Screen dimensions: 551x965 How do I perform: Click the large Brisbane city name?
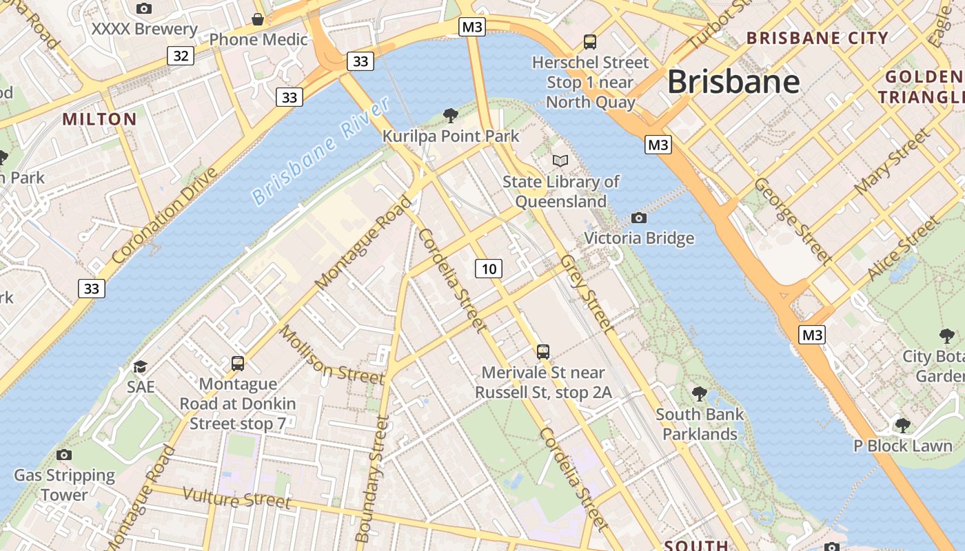pyautogui.click(x=733, y=82)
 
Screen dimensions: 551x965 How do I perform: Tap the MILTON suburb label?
pyautogui.click(x=100, y=119)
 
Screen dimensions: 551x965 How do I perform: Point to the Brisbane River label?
pyautogui.click(x=321, y=152)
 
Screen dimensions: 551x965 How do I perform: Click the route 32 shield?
pyautogui.click(x=181, y=56)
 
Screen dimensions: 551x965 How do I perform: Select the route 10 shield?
pyautogui.click(x=489, y=268)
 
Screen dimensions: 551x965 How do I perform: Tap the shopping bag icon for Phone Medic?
pyautogui.click(x=258, y=19)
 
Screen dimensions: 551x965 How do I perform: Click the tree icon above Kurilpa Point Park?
pyautogui.click(x=451, y=115)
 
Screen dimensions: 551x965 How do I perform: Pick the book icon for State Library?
pyautogui.click(x=560, y=161)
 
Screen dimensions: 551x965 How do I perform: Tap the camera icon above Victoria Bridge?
pyautogui.click(x=639, y=218)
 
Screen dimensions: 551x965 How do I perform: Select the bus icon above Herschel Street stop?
pyautogui.click(x=590, y=41)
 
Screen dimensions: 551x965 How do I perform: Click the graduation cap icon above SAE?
pyautogui.click(x=141, y=366)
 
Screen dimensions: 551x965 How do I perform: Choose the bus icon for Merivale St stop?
pyautogui.click(x=543, y=352)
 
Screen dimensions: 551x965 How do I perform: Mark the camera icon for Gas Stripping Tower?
pyautogui.click(x=64, y=455)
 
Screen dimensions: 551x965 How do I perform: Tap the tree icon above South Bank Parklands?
pyautogui.click(x=700, y=394)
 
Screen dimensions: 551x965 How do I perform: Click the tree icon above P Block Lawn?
pyautogui.click(x=902, y=425)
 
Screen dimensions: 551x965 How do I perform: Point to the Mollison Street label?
pyautogui.click(x=332, y=354)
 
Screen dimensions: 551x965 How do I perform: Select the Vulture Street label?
pyautogui.click(x=237, y=498)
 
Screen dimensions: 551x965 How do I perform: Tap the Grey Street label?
pyautogui.click(x=586, y=292)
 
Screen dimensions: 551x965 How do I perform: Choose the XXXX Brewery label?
pyautogui.click(x=145, y=30)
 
